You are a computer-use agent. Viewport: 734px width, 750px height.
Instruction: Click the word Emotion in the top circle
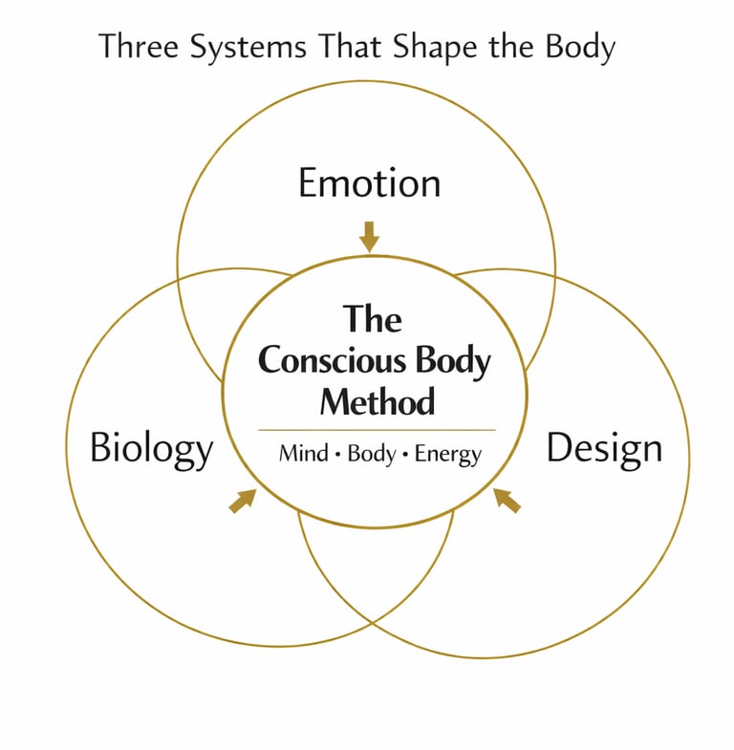[369, 183]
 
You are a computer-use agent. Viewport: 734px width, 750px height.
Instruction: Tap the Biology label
[151, 448]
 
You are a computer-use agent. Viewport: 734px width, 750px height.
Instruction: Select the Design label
[604, 448]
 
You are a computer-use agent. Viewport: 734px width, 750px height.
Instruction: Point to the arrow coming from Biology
[243, 500]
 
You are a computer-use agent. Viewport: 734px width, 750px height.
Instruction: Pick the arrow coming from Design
[507, 500]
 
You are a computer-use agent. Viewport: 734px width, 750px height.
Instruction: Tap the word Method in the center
[377, 400]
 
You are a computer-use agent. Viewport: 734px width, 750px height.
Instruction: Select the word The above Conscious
[372, 319]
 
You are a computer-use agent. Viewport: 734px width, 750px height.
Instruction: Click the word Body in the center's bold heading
[453, 362]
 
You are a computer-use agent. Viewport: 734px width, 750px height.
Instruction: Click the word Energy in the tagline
[448, 455]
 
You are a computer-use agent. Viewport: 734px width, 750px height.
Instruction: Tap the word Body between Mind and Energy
[371, 454]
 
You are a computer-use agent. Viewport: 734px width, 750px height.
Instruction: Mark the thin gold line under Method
[377, 430]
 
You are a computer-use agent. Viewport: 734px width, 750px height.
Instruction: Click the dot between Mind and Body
[336, 455]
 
